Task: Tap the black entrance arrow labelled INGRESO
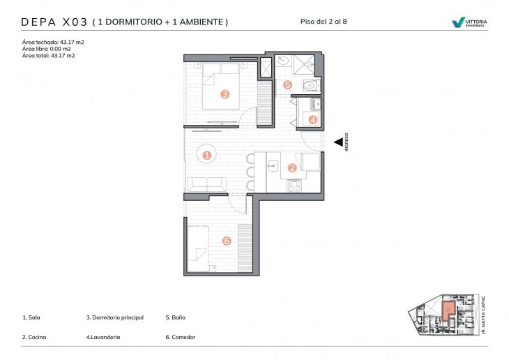tap(338, 142)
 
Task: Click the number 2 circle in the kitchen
tap(292, 167)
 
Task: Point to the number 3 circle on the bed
tap(225, 93)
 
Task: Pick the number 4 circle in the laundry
tap(313, 120)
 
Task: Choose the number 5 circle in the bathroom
tap(288, 84)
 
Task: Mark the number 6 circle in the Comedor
tap(226, 241)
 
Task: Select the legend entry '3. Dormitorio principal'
tap(115, 317)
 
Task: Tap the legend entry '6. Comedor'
tap(180, 337)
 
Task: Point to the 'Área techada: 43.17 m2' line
tap(53, 43)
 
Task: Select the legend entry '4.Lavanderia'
tap(103, 337)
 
